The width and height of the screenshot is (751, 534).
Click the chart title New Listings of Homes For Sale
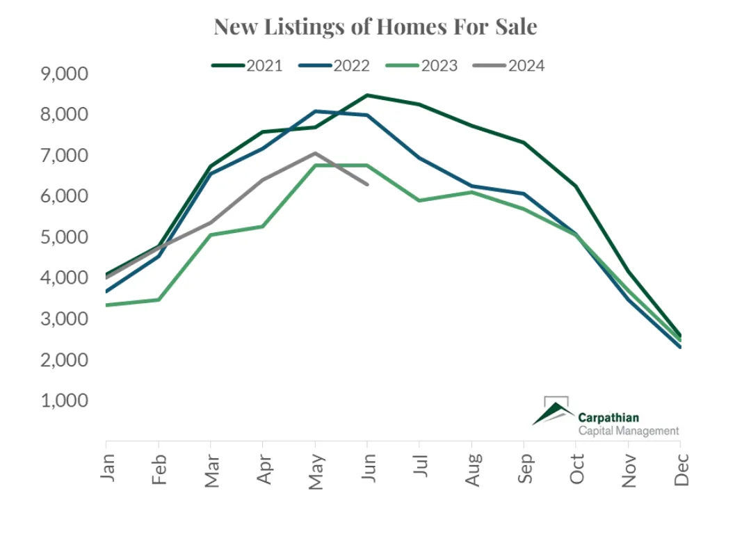coord(375,27)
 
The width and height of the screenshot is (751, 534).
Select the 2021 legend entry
coord(247,66)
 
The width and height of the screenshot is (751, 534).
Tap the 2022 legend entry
coord(334,66)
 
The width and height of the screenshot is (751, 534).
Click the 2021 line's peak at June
coord(367,95)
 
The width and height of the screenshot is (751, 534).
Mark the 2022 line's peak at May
coord(315,111)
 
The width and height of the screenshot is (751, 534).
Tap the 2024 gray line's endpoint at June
coord(367,184)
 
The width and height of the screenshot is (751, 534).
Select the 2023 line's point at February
coord(159,300)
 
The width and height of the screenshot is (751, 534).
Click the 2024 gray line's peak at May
coord(315,153)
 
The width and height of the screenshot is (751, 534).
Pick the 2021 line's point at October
coord(576,186)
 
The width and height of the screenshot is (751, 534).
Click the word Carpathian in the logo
coord(608,418)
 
